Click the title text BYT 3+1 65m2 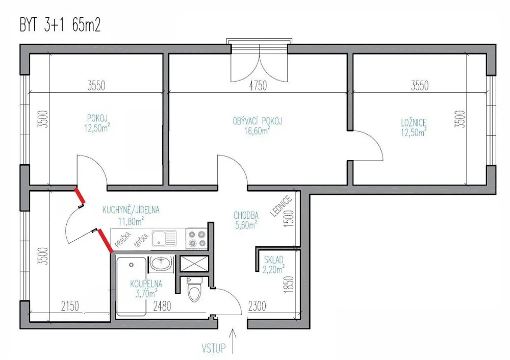[x=60, y=25]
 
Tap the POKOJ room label [x=97, y=117]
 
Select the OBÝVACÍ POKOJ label [x=257, y=121]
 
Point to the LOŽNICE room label [x=414, y=122]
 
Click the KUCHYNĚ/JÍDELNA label [x=131, y=210]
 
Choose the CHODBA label [x=246, y=215]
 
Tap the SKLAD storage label [x=273, y=260]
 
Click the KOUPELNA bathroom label [x=146, y=284]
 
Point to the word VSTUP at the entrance [x=213, y=348]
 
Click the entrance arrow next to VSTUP [x=233, y=341]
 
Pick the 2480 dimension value [x=162, y=306]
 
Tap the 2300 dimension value [x=257, y=306]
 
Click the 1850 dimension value [x=289, y=285]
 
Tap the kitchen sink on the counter [x=164, y=238]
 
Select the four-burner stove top [x=197, y=239]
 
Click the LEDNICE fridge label [x=281, y=207]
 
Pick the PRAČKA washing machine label [x=123, y=240]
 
